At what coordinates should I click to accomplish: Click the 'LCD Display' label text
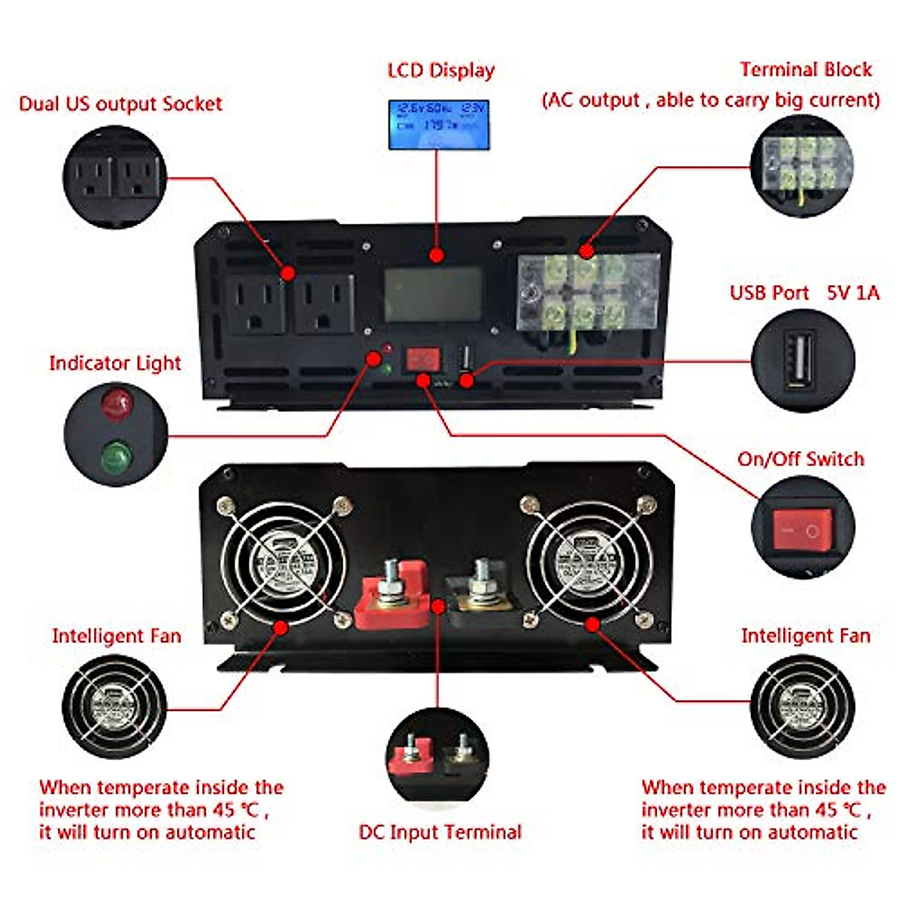[441, 71]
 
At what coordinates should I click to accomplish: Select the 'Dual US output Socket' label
[120, 104]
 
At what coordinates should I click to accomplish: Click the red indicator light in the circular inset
[117, 404]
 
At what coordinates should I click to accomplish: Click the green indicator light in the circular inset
[117, 455]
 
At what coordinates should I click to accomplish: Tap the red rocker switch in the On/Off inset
[802, 529]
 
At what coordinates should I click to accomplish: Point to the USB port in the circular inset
[799, 360]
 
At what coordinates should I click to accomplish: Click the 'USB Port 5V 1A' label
[804, 293]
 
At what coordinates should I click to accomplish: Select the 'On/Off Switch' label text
[801, 459]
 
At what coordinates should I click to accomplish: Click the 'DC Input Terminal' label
[440, 832]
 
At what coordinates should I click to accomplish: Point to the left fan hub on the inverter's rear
[284, 560]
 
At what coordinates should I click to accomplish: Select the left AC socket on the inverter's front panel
[256, 302]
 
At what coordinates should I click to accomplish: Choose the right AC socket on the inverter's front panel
[324, 302]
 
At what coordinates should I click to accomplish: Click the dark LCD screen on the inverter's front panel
[433, 295]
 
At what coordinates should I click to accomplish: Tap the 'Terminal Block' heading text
[806, 70]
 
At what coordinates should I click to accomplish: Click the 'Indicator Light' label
[115, 363]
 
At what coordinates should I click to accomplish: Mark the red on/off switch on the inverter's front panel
[422, 359]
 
